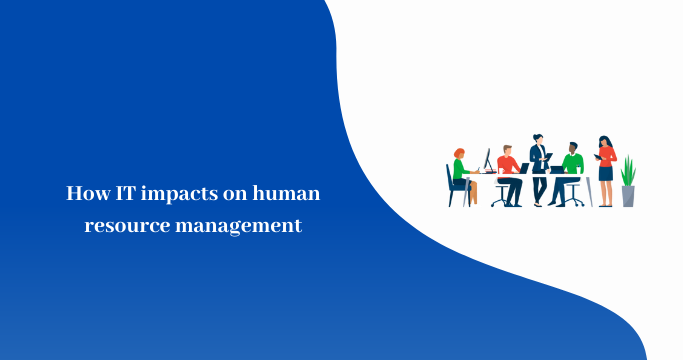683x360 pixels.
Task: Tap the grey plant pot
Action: tap(628, 196)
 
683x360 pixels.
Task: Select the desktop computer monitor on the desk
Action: tap(487, 160)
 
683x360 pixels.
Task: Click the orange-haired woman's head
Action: tap(459, 153)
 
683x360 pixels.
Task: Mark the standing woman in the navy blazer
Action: tap(538, 165)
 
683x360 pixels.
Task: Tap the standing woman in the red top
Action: tap(606, 165)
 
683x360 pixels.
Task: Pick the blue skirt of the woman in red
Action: tap(606, 173)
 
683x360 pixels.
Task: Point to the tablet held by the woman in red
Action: tap(598, 156)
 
